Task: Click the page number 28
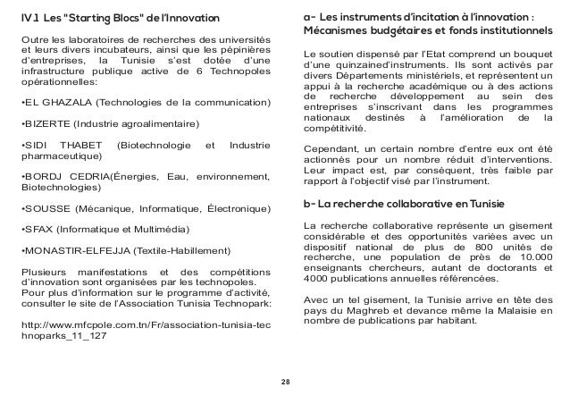click(285, 382)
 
